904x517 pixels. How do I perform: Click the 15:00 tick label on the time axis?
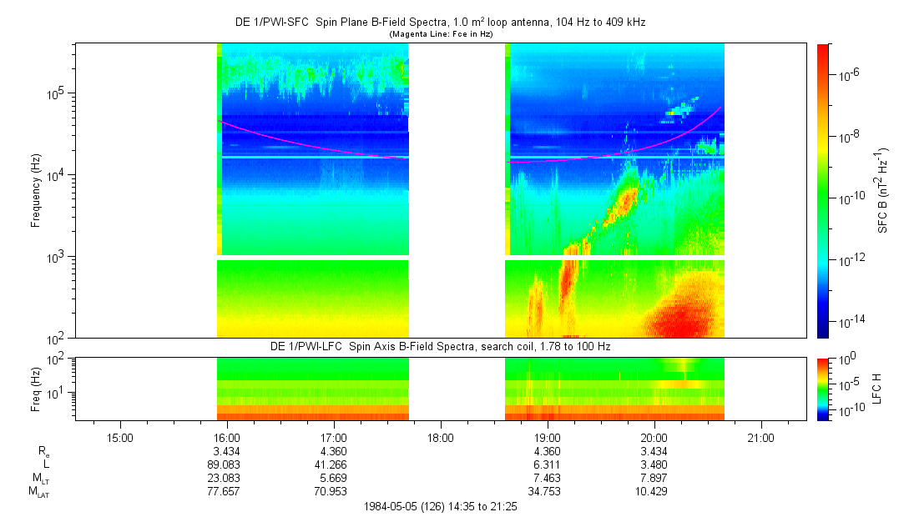[120, 437]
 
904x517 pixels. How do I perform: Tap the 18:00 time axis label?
[441, 437]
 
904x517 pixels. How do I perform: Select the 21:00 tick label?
[760, 437]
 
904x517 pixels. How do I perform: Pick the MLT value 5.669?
[333, 477]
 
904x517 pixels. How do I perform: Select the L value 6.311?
[547, 464]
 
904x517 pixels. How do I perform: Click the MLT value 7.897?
[654, 477]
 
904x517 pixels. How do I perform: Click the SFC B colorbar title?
[883, 191]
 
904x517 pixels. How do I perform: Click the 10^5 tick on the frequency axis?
[56, 93]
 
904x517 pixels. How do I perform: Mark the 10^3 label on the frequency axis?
[56, 257]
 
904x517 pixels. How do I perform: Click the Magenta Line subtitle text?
[442, 34]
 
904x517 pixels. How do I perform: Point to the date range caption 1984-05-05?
[442, 506]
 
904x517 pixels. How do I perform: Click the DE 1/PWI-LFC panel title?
[442, 346]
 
